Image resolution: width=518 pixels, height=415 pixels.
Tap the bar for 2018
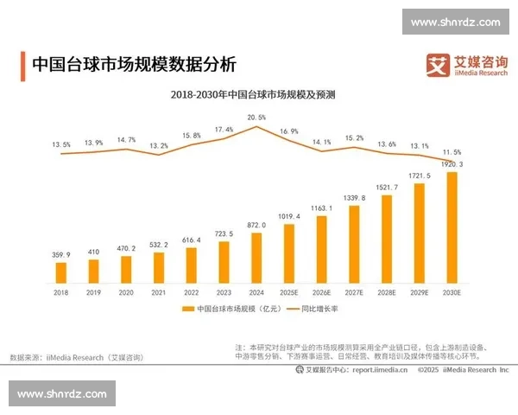60,273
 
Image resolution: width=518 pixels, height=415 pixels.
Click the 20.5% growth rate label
256,117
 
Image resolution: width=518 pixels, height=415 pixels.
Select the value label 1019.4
289,216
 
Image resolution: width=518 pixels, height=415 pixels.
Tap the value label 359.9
60,254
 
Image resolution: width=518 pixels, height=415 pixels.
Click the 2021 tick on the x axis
158,293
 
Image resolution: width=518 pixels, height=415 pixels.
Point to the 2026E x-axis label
321,293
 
